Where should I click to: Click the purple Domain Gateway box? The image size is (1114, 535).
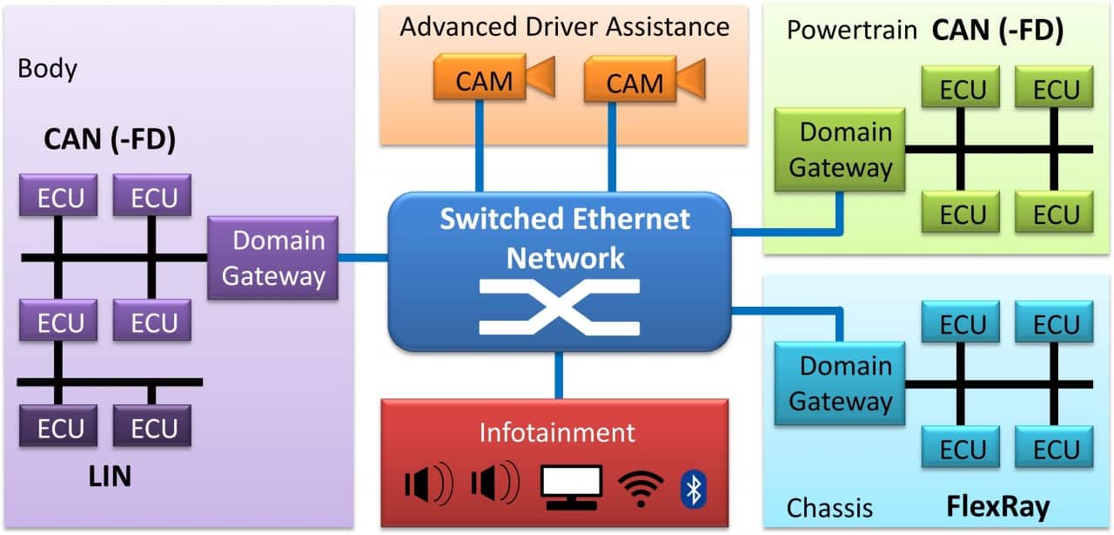(272, 258)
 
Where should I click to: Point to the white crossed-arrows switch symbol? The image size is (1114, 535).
(559, 307)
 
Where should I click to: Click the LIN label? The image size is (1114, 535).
(109, 476)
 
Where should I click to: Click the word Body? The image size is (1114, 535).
(47, 69)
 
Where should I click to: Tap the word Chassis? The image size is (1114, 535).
(829, 508)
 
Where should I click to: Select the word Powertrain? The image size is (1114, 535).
(851, 30)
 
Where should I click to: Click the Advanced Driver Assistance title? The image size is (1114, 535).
(564, 26)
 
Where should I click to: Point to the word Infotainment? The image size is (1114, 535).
(558, 432)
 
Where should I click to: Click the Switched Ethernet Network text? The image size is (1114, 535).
(565, 237)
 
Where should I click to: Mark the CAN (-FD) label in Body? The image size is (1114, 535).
(110, 140)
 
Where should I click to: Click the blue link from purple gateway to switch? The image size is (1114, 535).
(363, 258)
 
